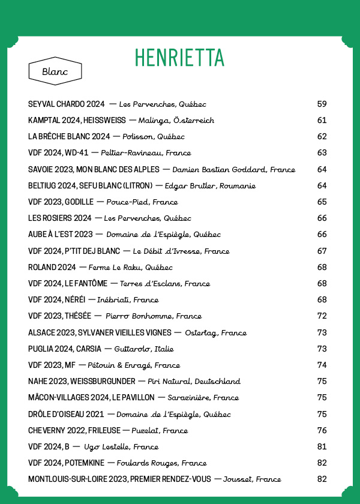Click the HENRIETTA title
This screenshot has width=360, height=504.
179,58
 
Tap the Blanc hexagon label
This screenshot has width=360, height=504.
55,71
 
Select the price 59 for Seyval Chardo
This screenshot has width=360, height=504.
322,104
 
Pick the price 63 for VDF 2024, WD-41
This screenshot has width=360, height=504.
322,153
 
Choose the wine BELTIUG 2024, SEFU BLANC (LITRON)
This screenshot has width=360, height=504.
91,186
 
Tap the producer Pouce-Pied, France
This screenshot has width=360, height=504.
142,202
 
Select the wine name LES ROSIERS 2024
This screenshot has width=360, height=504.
60,218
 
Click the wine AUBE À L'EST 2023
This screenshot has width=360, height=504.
61,235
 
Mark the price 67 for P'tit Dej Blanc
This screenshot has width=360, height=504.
322,251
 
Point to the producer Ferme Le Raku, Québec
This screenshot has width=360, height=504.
130,268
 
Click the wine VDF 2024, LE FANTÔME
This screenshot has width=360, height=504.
68,284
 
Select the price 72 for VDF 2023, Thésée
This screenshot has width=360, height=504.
322,316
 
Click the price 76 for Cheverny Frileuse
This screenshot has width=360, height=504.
322,430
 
